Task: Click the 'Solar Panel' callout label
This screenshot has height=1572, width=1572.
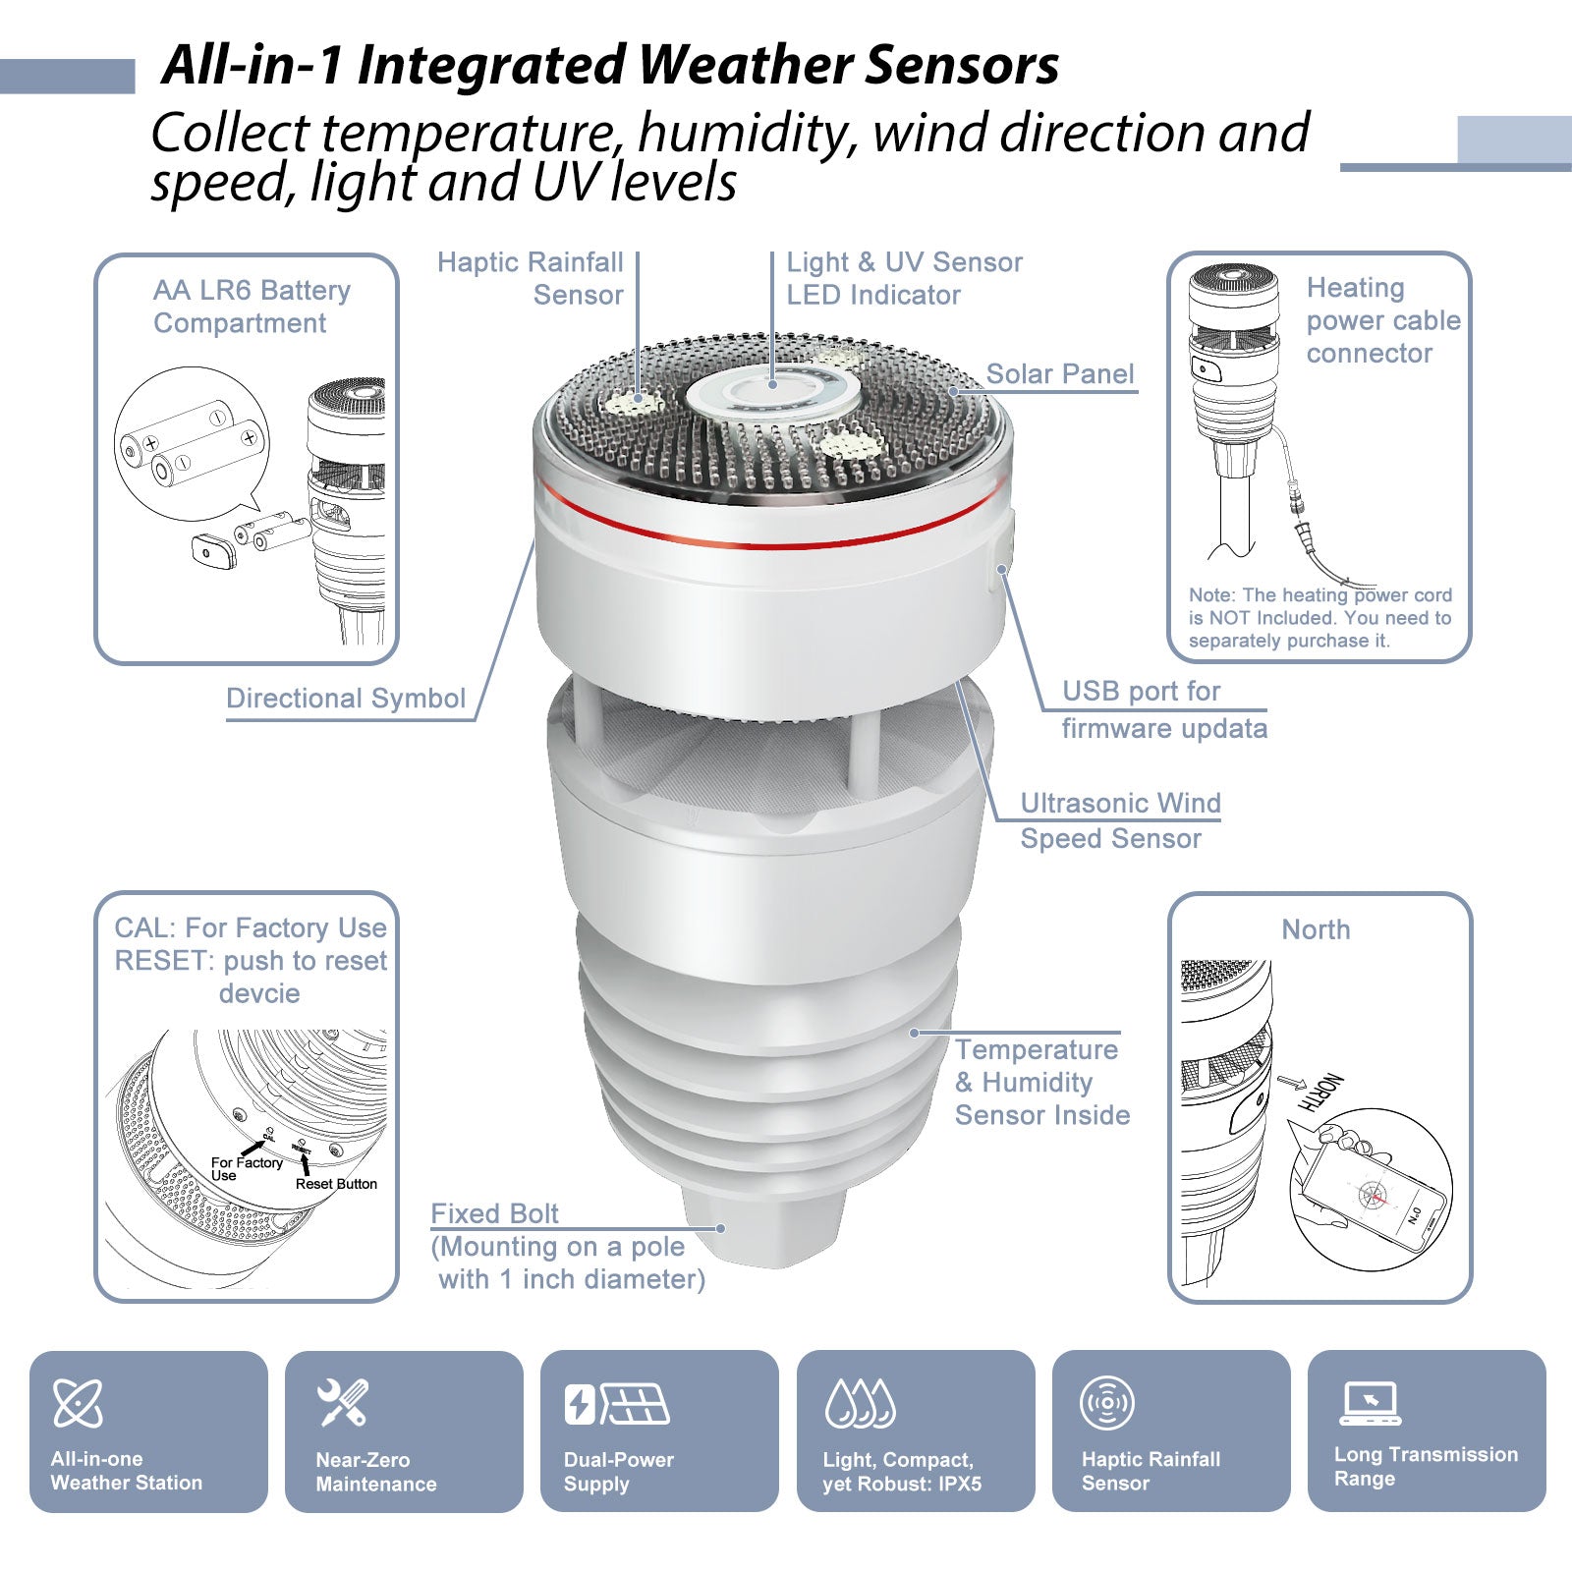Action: [x=1059, y=374]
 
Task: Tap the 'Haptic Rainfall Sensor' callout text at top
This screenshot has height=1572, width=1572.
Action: [x=531, y=278]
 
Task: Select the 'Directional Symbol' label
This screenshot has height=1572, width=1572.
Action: [x=346, y=699]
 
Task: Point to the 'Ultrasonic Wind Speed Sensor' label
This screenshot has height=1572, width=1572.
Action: [x=1120, y=820]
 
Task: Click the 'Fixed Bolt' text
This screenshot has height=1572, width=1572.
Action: [x=494, y=1214]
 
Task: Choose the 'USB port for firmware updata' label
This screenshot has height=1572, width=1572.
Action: [x=1164, y=709]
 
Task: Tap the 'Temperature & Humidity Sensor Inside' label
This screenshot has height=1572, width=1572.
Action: [x=1041, y=1082]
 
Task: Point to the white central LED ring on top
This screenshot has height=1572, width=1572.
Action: [x=773, y=396]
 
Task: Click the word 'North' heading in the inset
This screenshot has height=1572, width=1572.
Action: [x=1316, y=929]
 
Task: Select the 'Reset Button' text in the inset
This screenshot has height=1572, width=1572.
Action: [x=336, y=1184]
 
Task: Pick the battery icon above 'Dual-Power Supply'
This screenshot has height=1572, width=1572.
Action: [x=580, y=1404]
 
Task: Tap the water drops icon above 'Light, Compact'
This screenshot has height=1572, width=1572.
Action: [x=861, y=1403]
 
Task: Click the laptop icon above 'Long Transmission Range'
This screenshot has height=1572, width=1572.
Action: [x=1371, y=1403]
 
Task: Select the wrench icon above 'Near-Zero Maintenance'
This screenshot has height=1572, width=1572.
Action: [x=343, y=1402]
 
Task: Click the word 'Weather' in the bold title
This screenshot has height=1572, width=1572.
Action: [x=749, y=65]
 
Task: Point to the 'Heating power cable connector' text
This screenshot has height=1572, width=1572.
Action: [x=1382, y=320]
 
